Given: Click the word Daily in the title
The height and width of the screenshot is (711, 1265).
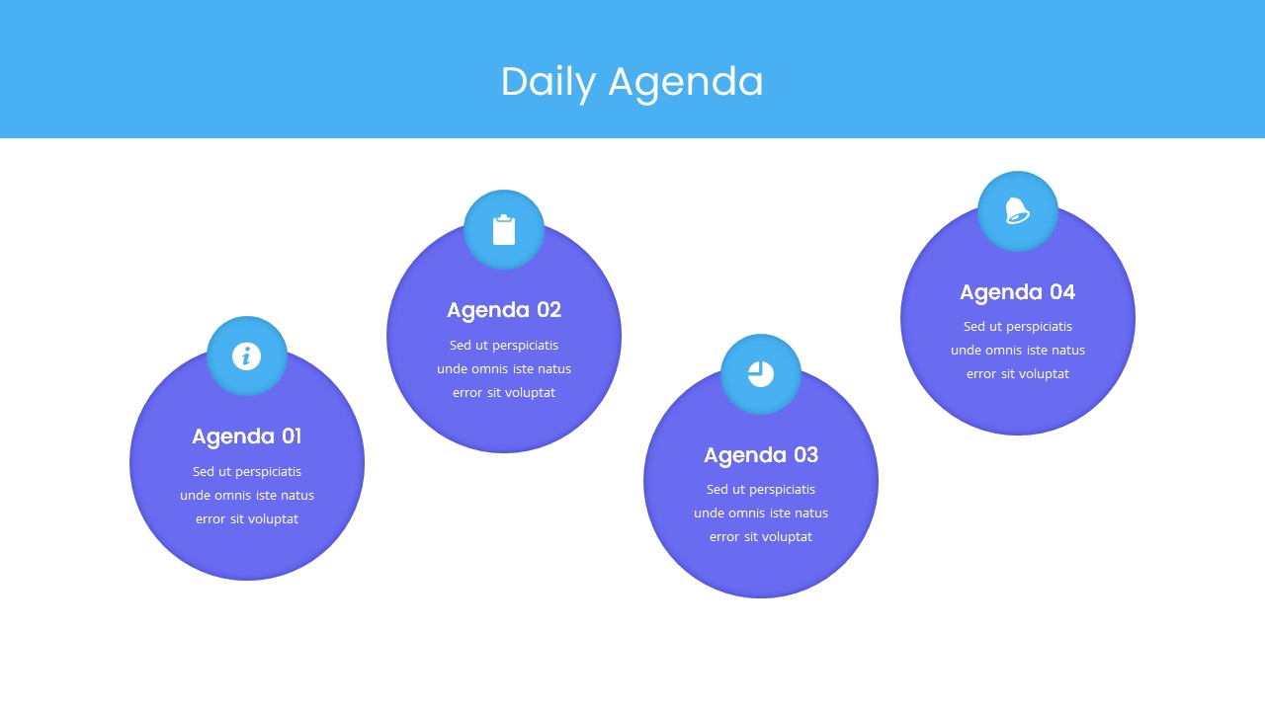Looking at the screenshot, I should [548, 82].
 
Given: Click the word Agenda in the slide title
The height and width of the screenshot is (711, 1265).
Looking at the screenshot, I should [686, 82].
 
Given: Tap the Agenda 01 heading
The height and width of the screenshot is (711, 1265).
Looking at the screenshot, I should [247, 436].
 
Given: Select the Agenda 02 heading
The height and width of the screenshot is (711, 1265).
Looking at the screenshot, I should [504, 310].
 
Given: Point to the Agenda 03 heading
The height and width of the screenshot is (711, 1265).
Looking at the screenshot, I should [761, 455].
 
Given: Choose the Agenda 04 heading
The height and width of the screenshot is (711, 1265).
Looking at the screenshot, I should [1018, 292].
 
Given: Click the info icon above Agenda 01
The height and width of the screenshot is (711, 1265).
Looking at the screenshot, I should [247, 356].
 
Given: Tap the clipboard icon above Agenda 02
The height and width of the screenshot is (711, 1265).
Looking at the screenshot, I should [504, 230].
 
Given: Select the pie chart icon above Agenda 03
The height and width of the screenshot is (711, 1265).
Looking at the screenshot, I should [761, 374].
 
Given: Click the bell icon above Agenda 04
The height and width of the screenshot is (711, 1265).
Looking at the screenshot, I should [1017, 211].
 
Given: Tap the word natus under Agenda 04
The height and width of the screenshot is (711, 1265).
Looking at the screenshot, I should [1065, 351].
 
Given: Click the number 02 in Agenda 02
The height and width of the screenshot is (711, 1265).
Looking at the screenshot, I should [548, 310].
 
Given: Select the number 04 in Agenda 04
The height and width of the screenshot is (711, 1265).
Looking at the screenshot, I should [1062, 292].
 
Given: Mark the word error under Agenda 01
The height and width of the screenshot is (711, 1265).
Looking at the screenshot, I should [211, 519].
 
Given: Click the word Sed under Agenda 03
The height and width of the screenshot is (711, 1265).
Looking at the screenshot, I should [717, 490].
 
